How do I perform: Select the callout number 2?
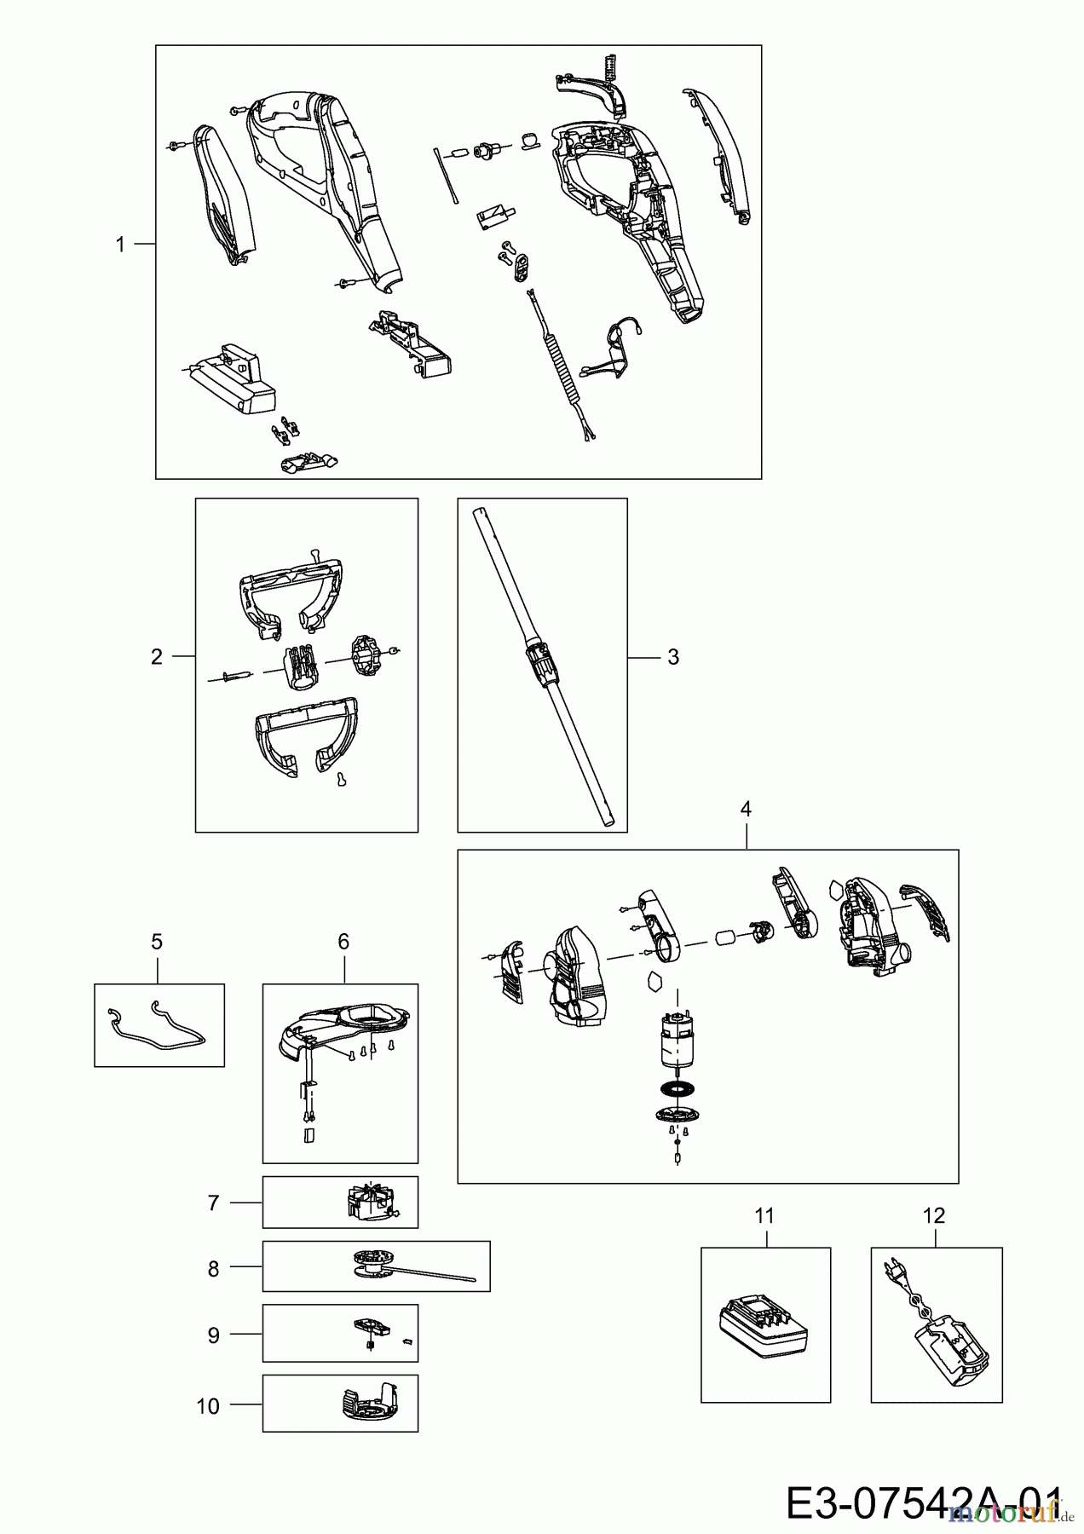pyautogui.click(x=156, y=657)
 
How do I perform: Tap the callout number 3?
pyautogui.click(x=673, y=657)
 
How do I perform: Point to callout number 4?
pyautogui.click(x=746, y=809)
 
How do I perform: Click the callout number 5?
pyautogui.click(x=157, y=942)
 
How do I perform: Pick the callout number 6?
pyautogui.click(x=343, y=942)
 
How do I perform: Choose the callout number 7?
pyautogui.click(x=213, y=1202)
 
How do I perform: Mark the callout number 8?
pyautogui.click(x=213, y=1269)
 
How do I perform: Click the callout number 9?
pyautogui.click(x=213, y=1335)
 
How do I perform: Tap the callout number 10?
pyautogui.click(x=208, y=1406)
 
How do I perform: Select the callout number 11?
pyautogui.click(x=764, y=1216)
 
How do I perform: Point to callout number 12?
pyautogui.click(x=934, y=1216)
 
